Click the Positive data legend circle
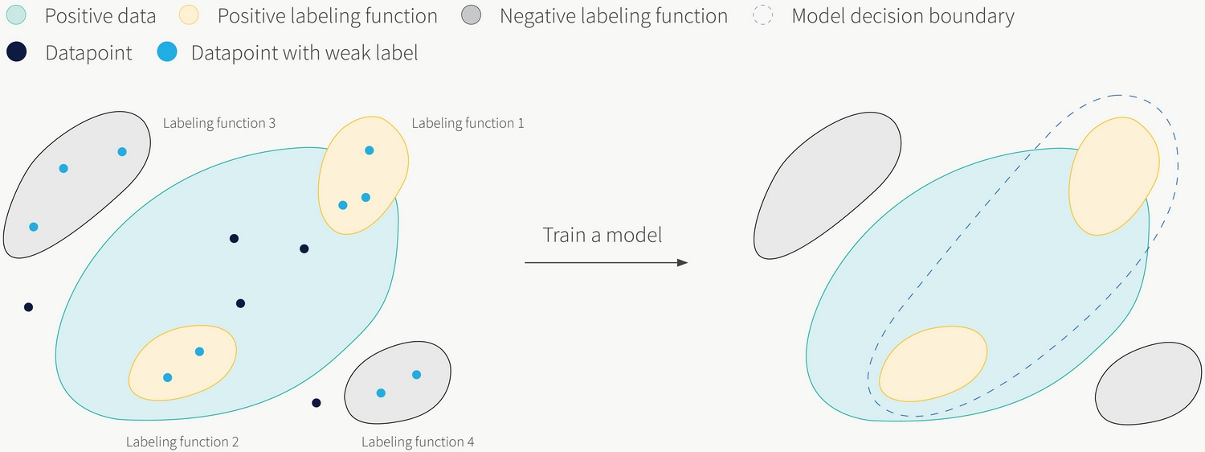click(16, 15)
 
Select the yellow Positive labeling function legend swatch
click(189, 15)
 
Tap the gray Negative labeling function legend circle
click(472, 15)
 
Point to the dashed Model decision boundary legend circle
click(763, 15)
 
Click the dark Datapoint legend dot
click(17, 52)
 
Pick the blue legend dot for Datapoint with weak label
click(167, 52)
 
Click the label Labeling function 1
click(468, 123)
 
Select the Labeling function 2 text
click(182, 442)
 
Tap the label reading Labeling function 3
click(219, 123)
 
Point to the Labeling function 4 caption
click(418, 442)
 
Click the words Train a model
click(602, 235)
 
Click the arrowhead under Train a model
click(682, 262)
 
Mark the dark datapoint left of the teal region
click(28, 307)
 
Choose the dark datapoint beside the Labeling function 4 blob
click(317, 403)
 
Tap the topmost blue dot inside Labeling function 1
click(369, 150)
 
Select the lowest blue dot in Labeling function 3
click(34, 227)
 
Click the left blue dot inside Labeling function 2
click(167, 378)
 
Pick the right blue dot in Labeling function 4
click(416, 375)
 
